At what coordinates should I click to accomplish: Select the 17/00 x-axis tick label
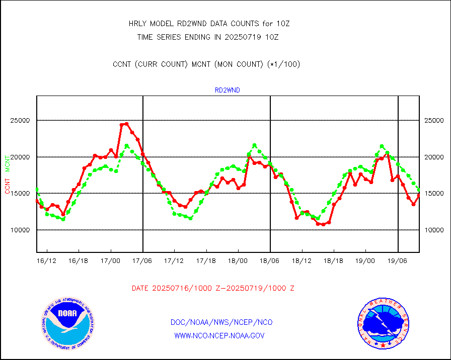click(x=110, y=261)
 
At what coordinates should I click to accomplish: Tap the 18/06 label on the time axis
click(x=270, y=261)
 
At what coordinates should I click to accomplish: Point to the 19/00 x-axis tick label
click(x=365, y=261)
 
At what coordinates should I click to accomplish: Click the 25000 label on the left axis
click(x=21, y=121)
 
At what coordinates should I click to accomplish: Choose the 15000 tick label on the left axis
click(x=21, y=194)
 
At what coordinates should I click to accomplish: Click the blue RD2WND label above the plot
click(x=228, y=91)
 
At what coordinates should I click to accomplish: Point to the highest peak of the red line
click(x=126, y=124)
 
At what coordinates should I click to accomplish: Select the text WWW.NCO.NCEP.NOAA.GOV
click(x=219, y=335)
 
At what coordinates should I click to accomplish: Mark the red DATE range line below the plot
click(x=213, y=289)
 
